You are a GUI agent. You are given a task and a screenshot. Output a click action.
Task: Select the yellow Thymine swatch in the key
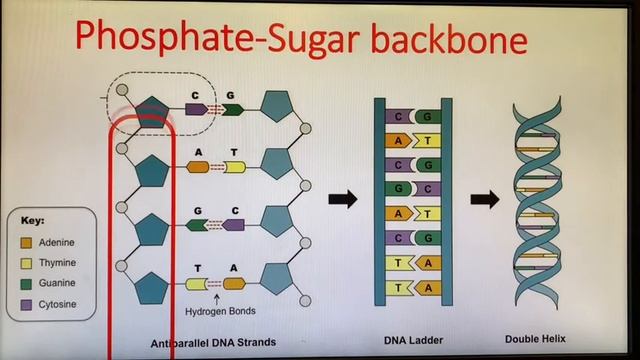coord(27,262)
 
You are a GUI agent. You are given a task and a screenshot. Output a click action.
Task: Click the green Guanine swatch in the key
coord(27,283)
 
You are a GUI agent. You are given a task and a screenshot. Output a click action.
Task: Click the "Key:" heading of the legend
coord(33,220)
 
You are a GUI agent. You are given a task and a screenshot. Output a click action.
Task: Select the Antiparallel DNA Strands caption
coord(212,342)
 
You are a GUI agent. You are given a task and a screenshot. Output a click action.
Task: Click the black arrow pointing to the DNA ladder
coord(342,199)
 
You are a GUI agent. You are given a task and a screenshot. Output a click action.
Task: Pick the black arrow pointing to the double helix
coord(485,199)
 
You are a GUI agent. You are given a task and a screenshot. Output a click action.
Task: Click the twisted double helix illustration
coord(536,199)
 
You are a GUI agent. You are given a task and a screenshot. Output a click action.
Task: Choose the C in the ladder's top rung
coord(400,117)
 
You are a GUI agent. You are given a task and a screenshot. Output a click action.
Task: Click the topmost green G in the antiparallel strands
coord(231,108)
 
